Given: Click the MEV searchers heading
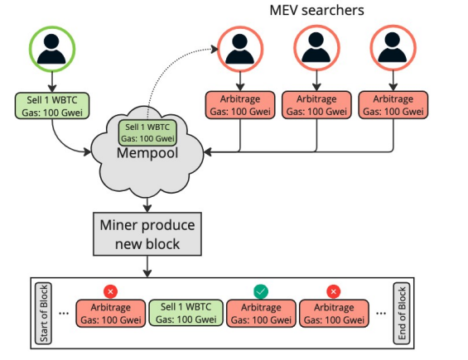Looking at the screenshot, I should coord(316,11).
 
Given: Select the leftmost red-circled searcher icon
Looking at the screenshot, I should coord(239,52).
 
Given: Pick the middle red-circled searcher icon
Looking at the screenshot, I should coord(316,52).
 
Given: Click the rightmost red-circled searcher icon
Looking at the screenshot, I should coord(391,52).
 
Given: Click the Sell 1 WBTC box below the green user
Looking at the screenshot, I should coord(51,105).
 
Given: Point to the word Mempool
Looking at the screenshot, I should coord(148,154).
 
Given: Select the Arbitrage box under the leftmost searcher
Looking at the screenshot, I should coord(239,105).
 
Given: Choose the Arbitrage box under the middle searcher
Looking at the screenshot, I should coord(316,105).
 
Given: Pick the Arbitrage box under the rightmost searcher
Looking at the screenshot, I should coord(392,105).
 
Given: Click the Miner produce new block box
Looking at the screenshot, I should coord(147,234).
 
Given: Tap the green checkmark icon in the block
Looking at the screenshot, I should coord(261,291).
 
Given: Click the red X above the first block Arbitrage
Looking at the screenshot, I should coord(111,291).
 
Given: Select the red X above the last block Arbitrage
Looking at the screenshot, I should coord(334,291).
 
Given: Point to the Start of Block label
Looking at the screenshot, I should coord(43,312).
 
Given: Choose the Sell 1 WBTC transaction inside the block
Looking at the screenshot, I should coord(186,314).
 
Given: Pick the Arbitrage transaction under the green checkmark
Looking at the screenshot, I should coord(260,314).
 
